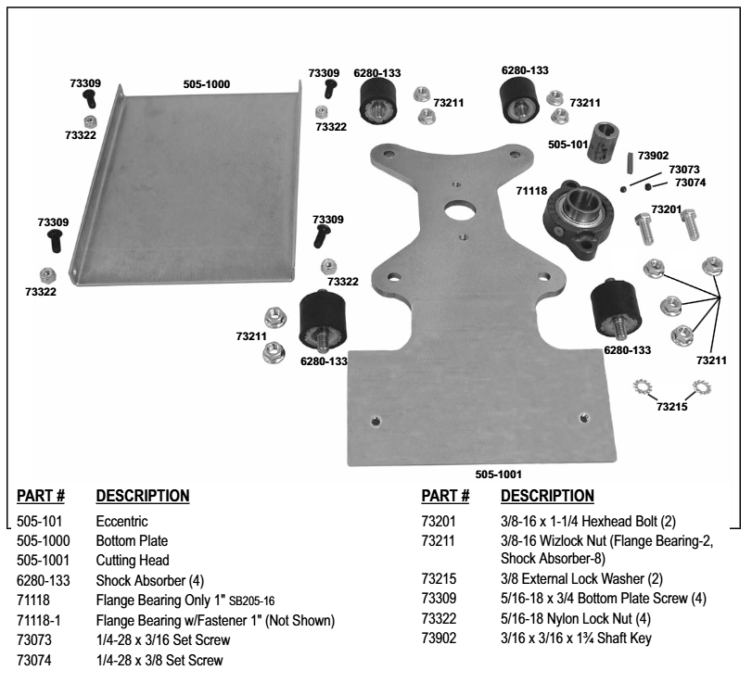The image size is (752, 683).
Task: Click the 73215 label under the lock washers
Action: pyautogui.click(x=673, y=406)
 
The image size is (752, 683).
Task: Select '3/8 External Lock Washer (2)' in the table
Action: pyautogui.click(x=560, y=580)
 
